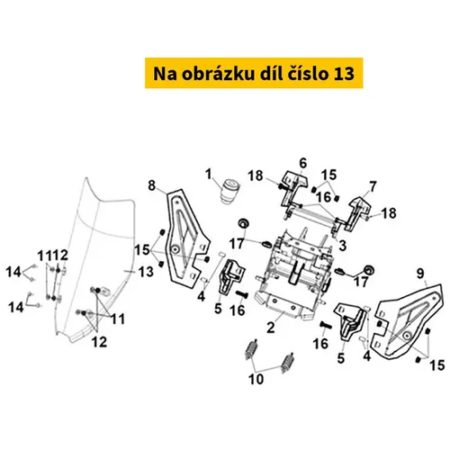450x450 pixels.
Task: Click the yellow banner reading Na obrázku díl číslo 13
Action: coord(254,73)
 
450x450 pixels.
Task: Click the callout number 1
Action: coord(209,175)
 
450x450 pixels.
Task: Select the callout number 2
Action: coord(271,328)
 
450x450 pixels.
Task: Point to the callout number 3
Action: coord(342,246)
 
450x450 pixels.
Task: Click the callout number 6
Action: coord(303,164)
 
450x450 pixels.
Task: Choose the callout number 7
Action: coord(373,187)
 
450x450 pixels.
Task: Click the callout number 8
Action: coord(152,185)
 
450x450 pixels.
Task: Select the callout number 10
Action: coord(256,379)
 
